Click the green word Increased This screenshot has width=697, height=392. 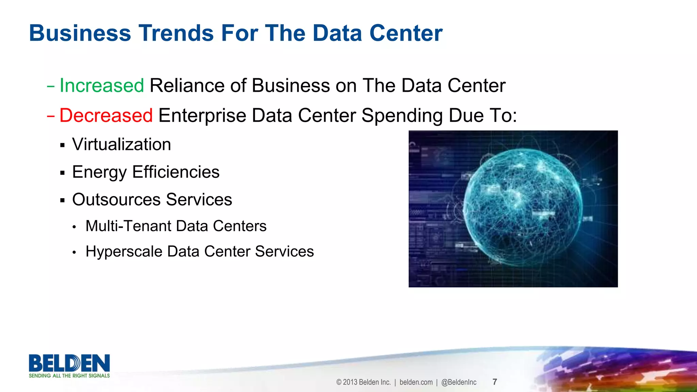coord(101,85)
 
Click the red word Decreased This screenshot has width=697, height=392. coord(106,115)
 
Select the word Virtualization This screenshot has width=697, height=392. coord(121,144)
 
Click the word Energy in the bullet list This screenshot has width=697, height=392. coord(99,172)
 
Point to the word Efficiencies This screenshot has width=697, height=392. coord(176,172)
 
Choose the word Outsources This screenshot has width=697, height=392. coord(116,200)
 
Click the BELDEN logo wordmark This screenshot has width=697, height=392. coord(69,363)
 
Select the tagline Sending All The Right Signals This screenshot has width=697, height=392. coord(69,376)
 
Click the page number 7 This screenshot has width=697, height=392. coord(495,382)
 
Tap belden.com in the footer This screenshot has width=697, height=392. coord(416,382)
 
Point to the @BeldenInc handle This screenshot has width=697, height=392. coord(459,382)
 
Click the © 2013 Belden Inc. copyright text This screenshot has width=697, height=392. coord(363,382)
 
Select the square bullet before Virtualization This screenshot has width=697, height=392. coord(62,145)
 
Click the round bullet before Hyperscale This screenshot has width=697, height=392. coord(74,252)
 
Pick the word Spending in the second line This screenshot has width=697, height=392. coord(402,116)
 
